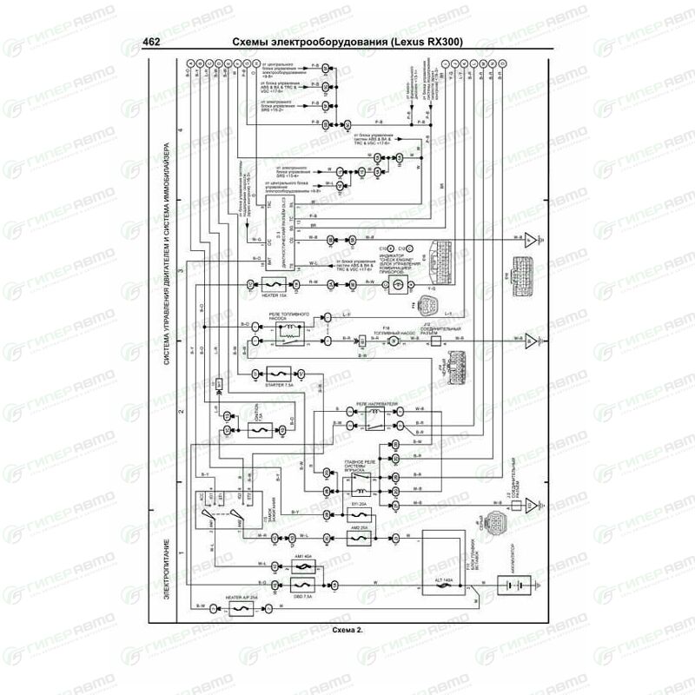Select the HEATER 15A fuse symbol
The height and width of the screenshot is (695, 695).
271,284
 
